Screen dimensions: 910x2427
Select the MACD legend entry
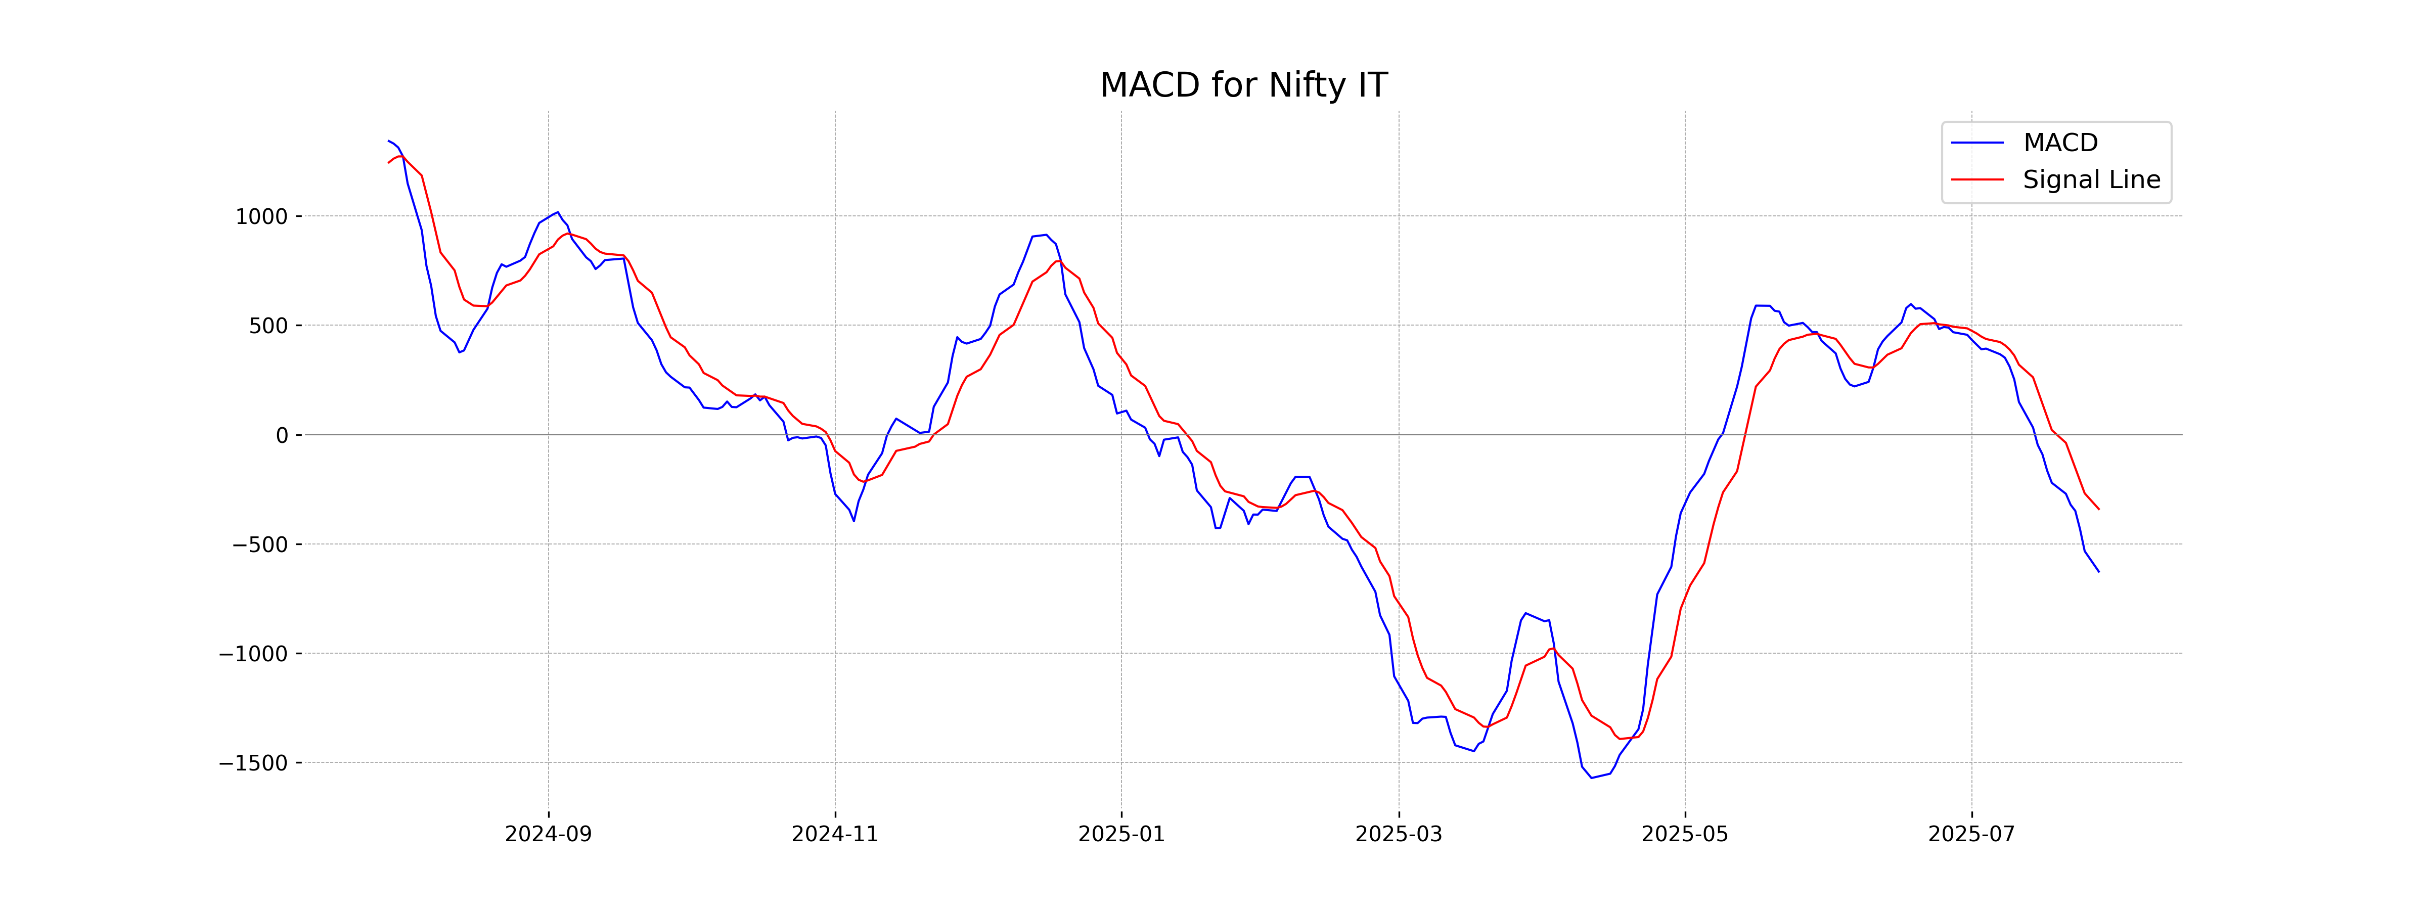(x=2059, y=143)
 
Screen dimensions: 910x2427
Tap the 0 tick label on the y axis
(x=282, y=435)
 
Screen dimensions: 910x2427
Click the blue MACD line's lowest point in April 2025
(x=1591, y=777)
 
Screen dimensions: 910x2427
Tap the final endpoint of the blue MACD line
(x=2098, y=572)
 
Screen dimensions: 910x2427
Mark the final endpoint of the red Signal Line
(x=2098, y=509)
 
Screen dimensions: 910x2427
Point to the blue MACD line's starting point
(x=388, y=141)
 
